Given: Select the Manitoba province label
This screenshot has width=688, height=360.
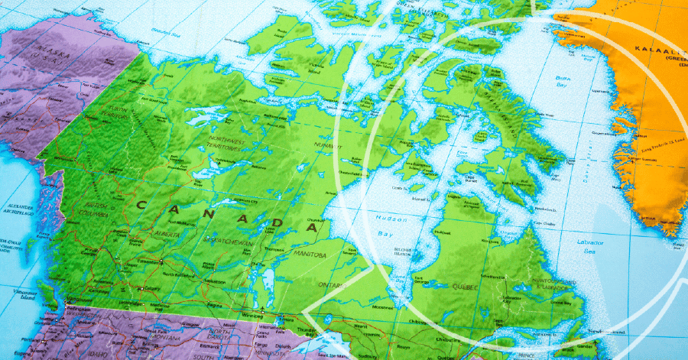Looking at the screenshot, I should point(305,254).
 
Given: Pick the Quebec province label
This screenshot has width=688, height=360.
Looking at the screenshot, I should point(466,287).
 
